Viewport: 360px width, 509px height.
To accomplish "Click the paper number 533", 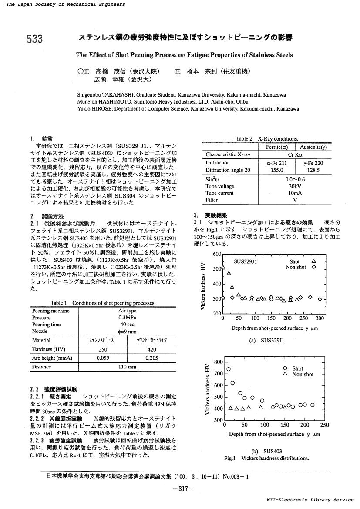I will click(x=35, y=40).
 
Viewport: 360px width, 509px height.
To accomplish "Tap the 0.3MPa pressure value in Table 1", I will click(x=127, y=318).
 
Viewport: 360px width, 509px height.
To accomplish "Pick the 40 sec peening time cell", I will click(x=127, y=325).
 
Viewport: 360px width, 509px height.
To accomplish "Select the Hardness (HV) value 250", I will click(x=103, y=349).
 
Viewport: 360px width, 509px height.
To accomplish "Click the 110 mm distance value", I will click(x=127, y=367).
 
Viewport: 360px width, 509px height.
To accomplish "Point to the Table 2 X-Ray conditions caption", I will click(x=267, y=139).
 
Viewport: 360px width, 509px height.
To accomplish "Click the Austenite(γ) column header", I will click(x=313, y=147).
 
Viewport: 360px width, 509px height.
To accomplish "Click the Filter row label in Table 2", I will click(x=212, y=200).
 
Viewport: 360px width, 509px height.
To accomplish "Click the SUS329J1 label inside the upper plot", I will click(x=246, y=262).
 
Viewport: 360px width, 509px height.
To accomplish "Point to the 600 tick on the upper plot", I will click(x=217, y=254).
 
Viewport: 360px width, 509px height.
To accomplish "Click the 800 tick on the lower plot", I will click(x=218, y=362).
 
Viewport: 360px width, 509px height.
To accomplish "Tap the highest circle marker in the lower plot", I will click(x=229, y=369).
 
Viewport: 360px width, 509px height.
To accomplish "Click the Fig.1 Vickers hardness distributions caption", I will click(x=266, y=458).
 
